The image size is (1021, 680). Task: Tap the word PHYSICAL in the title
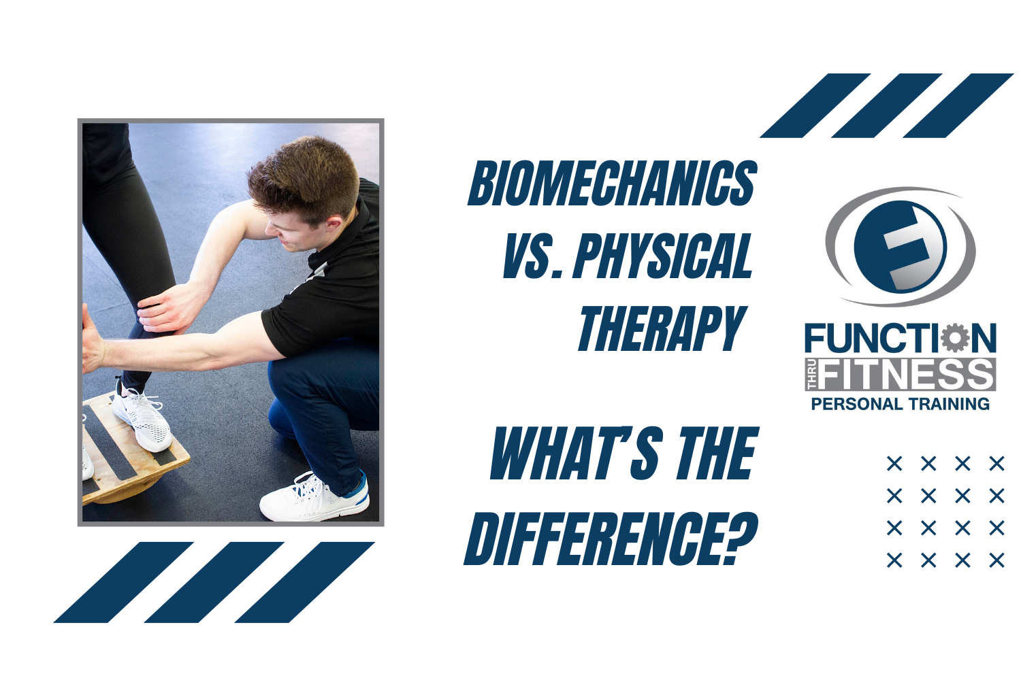[664, 256]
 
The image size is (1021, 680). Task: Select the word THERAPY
[662, 329]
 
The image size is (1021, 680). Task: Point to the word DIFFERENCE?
[611, 540]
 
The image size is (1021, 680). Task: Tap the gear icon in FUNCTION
[956, 339]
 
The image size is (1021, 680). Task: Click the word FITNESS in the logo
[907, 375]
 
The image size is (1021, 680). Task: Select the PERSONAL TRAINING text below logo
[900, 404]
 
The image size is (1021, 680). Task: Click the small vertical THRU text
[811, 375]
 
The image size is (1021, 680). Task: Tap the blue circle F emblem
[900, 246]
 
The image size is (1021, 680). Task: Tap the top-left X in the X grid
[894, 464]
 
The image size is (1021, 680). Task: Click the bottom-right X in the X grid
[996, 560]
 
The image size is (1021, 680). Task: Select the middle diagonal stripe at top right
[886, 105]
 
